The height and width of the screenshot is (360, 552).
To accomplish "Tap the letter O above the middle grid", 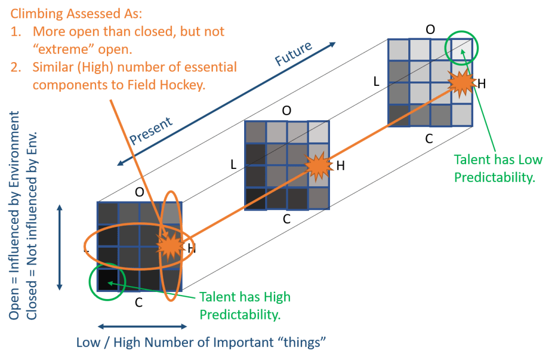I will (287, 111).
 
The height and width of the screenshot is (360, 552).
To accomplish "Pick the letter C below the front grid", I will (139, 302).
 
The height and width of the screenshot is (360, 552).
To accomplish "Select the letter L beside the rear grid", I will (378, 81).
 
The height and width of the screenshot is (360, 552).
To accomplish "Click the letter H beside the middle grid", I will (340, 165).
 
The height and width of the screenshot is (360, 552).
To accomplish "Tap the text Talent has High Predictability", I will (245, 305).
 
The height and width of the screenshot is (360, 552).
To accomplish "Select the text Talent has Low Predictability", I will (494, 168).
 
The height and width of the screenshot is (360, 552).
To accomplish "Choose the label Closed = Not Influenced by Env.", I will (32, 224).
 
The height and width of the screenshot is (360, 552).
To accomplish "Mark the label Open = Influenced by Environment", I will (15, 216).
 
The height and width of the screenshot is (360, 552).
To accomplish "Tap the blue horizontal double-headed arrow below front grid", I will (142, 327).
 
